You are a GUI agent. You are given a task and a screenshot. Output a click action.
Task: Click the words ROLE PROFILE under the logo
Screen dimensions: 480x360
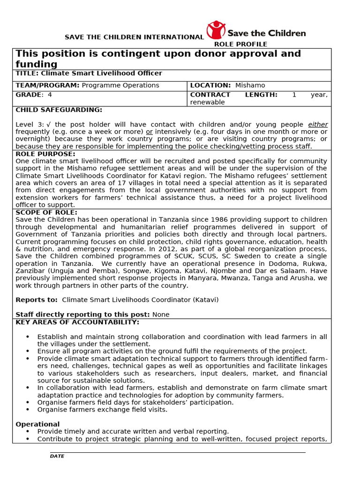(x=240, y=45)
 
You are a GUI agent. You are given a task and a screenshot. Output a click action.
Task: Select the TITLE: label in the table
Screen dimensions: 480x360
(x=28, y=74)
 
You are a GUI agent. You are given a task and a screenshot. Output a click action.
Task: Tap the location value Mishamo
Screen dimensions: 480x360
(x=250, y=85)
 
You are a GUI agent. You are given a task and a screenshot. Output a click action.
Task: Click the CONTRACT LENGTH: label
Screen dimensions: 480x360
(x=233, y=95)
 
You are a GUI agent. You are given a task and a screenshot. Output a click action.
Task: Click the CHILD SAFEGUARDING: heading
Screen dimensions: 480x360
(x=59, y=110)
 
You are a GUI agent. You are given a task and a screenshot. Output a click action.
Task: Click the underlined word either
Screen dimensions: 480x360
(x=317, y=125)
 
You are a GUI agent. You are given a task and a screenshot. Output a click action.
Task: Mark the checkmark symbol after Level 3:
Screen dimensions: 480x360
(x=49, y=125)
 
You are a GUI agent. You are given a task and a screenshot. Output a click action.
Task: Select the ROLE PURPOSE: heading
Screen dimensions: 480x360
(x=45, y=154)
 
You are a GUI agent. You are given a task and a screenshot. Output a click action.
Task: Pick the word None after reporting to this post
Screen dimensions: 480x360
(x=161, y=315)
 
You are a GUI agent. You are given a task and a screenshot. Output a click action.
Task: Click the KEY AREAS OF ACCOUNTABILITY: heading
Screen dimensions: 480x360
(x=77, y=322)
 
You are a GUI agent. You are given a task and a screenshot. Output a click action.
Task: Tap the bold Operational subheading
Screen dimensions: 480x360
(x=37, y=424)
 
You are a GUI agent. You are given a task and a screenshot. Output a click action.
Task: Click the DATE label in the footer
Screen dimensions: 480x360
(x=57, y=456)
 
